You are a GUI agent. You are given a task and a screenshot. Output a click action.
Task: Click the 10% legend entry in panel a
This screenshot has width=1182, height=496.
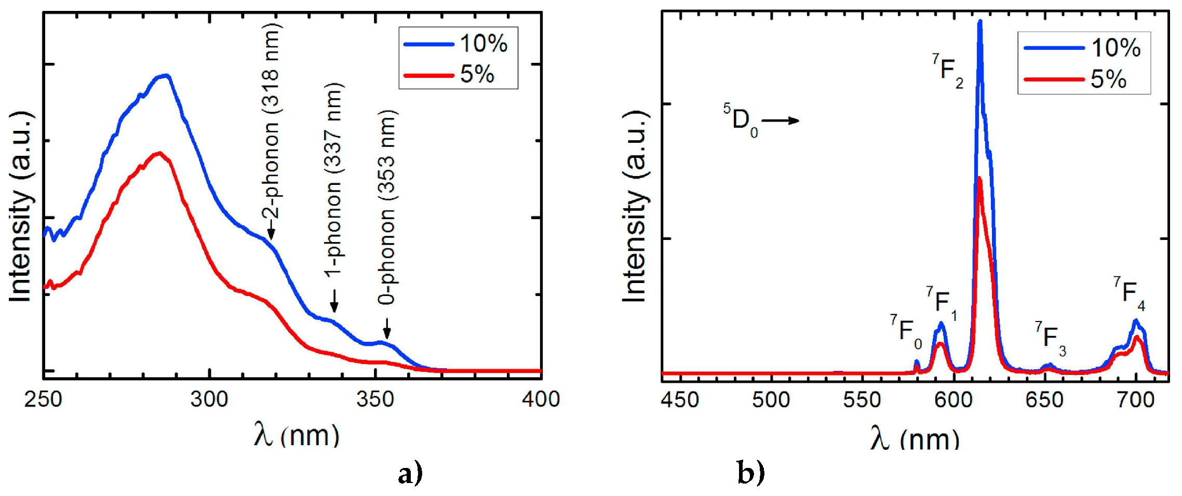[457, 44]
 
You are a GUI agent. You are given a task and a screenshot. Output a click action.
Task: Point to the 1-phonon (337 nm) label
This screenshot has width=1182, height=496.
[333, 179]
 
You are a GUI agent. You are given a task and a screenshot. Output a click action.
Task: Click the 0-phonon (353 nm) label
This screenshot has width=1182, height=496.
[387, 208]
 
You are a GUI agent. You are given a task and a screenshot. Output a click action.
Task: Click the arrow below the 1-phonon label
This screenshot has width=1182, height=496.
[334, 301]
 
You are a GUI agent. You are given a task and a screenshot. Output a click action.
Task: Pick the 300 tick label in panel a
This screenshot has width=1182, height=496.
[209, 399]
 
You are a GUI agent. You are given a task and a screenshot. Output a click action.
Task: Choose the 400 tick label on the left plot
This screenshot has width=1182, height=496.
[541, 399]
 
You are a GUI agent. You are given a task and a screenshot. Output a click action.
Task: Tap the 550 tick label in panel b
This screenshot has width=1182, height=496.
[862, 400]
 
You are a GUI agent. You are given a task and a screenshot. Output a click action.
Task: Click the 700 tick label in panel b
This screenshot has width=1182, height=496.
[1136, 400]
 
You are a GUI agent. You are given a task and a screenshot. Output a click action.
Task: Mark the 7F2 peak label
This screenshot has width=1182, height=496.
[947, 71]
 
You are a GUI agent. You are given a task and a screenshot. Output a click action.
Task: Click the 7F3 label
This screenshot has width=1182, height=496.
[1050, 339]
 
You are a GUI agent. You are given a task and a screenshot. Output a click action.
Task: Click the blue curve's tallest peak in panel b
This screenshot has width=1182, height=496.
[980, 22]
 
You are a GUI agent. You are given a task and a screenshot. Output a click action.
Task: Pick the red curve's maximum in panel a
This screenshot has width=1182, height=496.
[160, 153]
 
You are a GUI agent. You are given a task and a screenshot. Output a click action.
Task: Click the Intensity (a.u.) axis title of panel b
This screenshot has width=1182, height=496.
[635, 207]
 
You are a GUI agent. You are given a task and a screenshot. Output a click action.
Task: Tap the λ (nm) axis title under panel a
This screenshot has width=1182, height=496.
[297, 435]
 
